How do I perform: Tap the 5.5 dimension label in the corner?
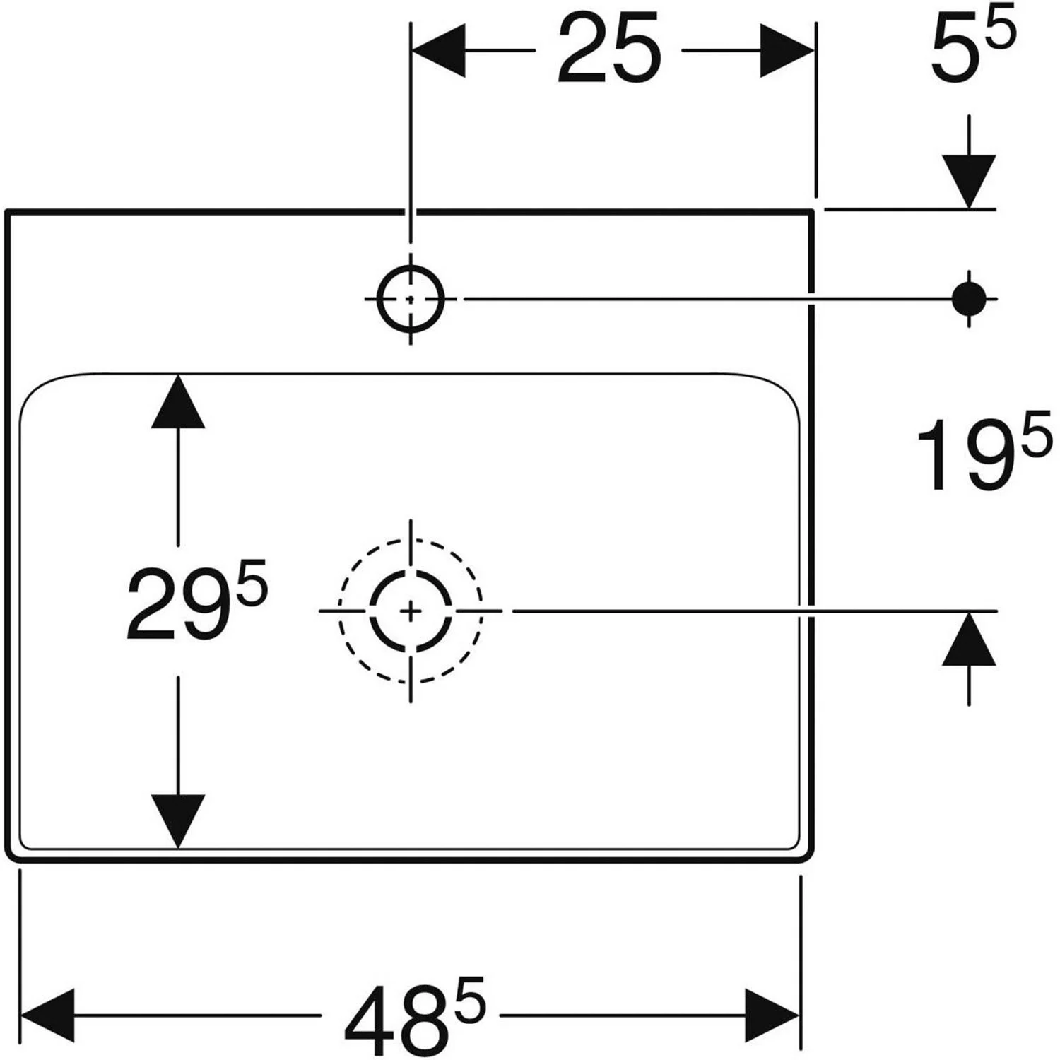point(971,47)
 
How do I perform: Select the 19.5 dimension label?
point(982,454)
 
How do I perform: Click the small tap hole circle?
point(411,298)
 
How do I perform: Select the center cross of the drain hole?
point(411,611)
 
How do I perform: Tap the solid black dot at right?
point(968,298)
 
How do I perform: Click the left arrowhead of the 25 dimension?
point(438,50)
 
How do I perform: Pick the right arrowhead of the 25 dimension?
point(787,50)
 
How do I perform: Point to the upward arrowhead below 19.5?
point(968,640)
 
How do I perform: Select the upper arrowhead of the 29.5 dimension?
point(177,402)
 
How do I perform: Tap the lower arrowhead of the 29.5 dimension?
point(177,820)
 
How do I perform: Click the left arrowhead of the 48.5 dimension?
point(48,1015)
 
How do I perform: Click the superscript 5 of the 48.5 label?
point(469,996)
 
